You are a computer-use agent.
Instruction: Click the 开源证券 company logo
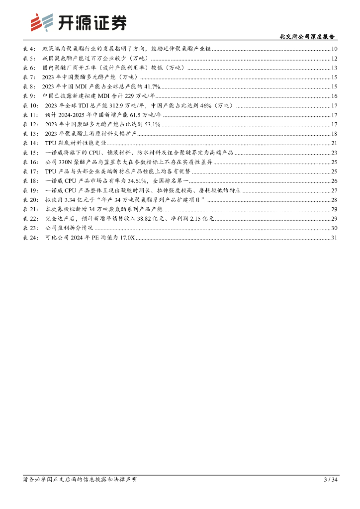(78, 22)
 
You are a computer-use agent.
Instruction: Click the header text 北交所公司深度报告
(307, 37)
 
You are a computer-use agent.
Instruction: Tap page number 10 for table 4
(335, 49)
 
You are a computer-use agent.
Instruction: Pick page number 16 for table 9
(335, 96)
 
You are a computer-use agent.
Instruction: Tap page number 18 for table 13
(335, 134)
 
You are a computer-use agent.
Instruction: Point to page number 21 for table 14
(335, 144)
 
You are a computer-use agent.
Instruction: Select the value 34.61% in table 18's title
(131, 181)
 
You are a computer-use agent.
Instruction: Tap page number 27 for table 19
(335, 191)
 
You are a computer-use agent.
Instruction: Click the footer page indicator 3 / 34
(331, 480)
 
